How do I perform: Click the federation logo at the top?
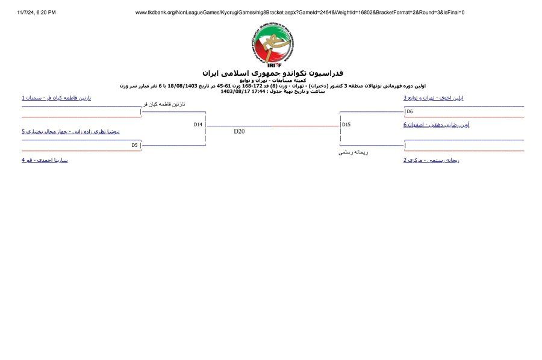click(x=272, y=43)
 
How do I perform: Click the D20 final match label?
click(x=239, y=131)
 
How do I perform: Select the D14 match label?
click(x=198, y=124)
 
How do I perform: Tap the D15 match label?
click(x=346, y=125)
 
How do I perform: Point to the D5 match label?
click(x=135, y=145)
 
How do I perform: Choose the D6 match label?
click(x=410, y=111)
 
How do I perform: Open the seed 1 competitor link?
click(x=56, y=98)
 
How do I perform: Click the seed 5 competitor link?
click(x=71, y=131)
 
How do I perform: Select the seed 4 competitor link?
click(x=45, y=160)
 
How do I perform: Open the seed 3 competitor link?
click(x=433, y=98)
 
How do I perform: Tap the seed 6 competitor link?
click(x=436, y=125)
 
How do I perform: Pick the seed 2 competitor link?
click(x=431, y=160)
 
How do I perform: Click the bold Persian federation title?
click(x=272, y=73)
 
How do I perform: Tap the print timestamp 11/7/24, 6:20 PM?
click(x=36, y=12)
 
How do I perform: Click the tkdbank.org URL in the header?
click(x=299, y=12)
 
